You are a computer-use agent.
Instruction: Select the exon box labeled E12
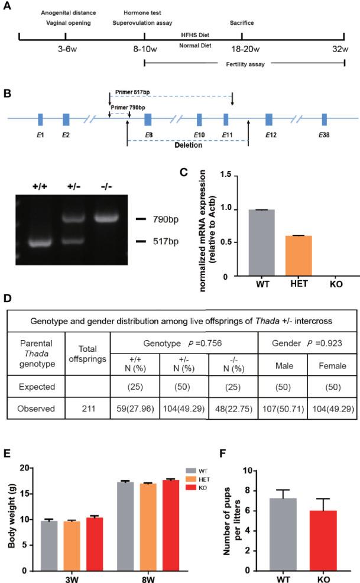click(x=269, y=119)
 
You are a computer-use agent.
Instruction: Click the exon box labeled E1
click(x=40, y=119)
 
